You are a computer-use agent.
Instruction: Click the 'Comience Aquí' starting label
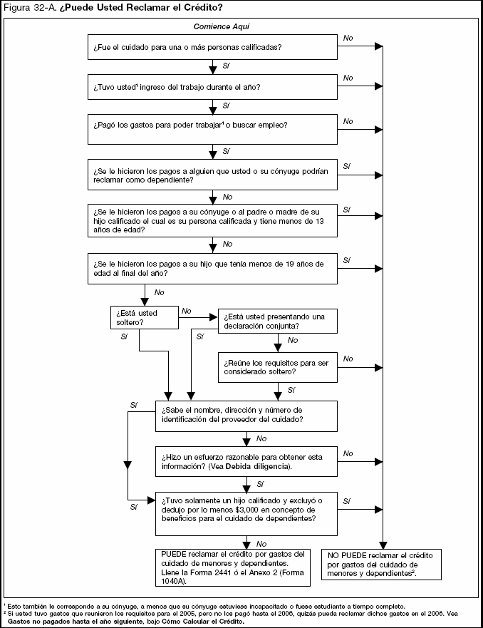point(221,26)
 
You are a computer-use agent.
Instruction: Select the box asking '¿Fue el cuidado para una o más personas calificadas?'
point(212,47)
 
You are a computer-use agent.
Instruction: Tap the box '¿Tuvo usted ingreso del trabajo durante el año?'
point(212,87)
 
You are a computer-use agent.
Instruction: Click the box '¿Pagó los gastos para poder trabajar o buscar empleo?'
point(212,130)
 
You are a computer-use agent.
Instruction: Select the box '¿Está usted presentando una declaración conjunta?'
point(276,321)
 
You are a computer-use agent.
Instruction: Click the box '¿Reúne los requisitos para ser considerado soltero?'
point(276,368)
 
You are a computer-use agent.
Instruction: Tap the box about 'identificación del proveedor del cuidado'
point(246,415)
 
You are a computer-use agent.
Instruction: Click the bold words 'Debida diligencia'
point(257,466)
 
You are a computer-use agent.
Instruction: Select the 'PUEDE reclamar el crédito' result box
point(234,567)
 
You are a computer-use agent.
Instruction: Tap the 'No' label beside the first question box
point(348,36)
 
